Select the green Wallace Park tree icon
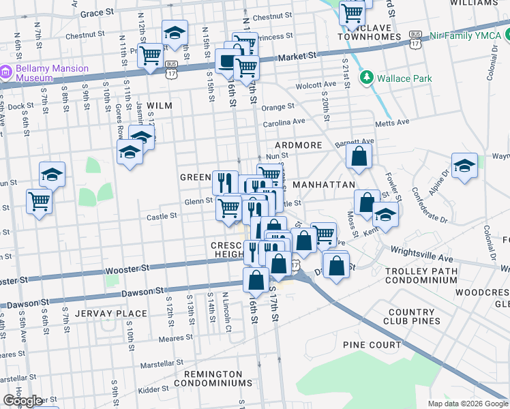367,78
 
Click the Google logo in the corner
22,401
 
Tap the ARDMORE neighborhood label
298,146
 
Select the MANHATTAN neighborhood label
323,185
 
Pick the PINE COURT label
372,345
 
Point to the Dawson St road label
142,292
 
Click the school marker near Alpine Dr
464,166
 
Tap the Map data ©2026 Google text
467,404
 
